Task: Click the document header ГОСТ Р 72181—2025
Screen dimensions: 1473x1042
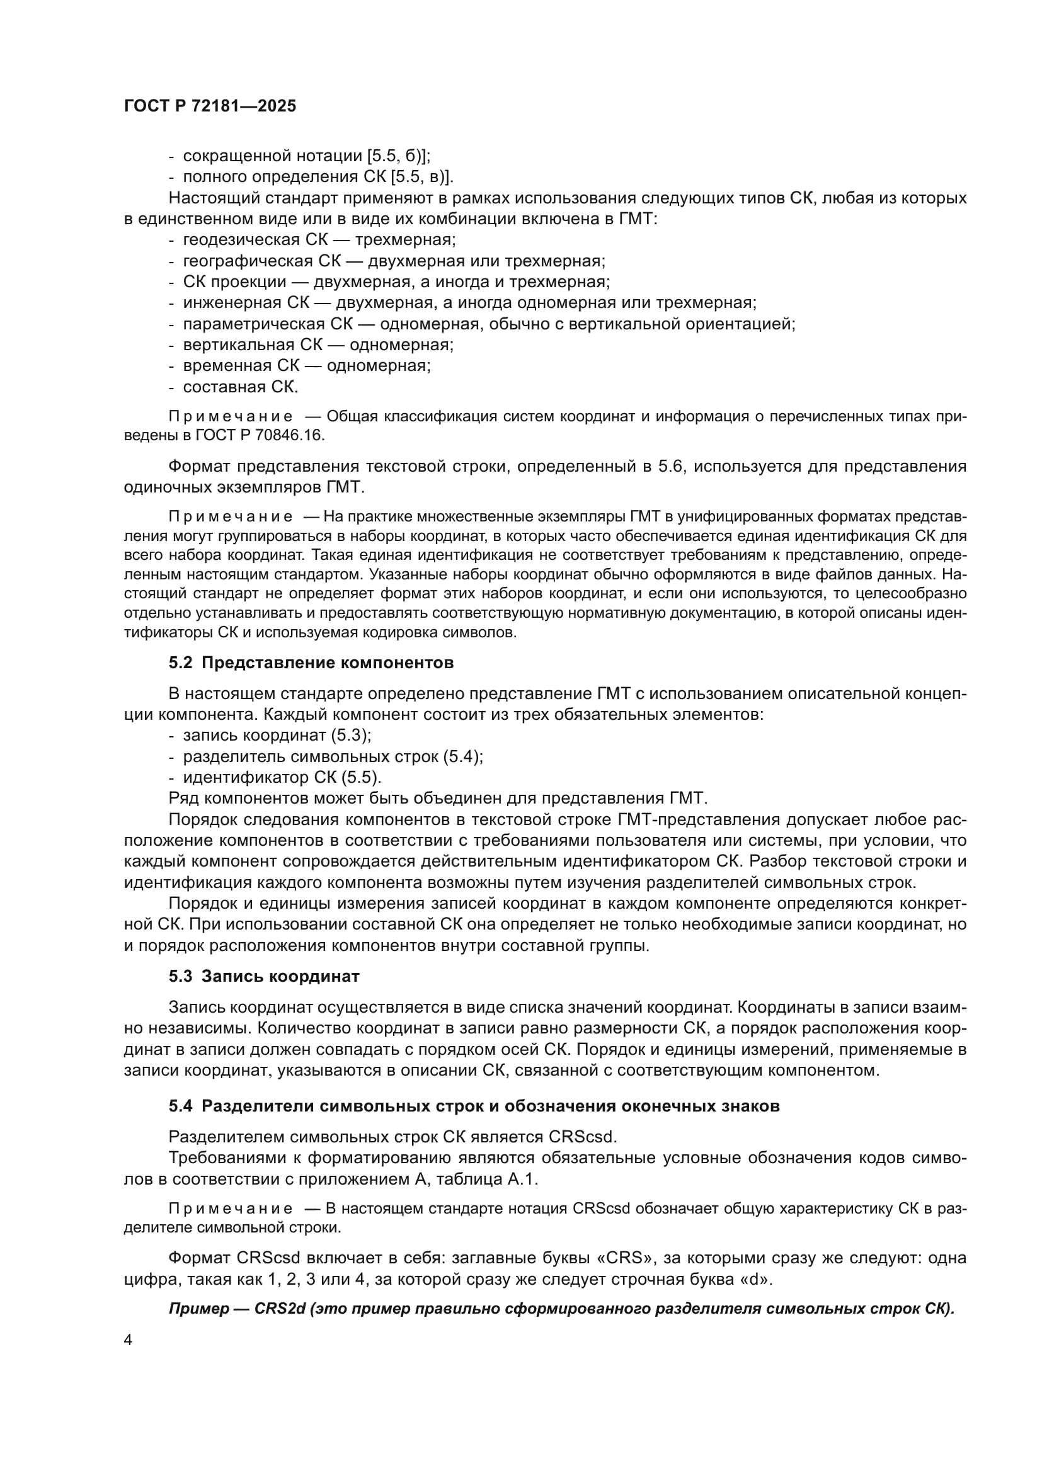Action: [x=210, y=106]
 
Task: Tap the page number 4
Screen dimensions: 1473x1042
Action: [x=128, y=1340]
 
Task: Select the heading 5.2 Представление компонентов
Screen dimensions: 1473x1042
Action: [x=311, y=663]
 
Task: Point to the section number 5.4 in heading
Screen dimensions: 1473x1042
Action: [x=180, y=1106]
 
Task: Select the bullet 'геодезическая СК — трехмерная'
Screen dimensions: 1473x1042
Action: [x=319, y=240]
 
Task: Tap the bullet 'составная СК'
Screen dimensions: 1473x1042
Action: [x=241, y=387]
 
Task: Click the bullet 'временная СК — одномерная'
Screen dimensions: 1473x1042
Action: [x=307, y=366]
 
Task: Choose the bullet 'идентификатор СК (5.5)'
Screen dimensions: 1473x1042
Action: [x=282, y=778]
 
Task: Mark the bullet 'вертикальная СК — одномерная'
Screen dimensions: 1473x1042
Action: [x=318, y=344]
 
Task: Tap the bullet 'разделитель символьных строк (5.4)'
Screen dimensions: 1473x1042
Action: [x=333, y=756]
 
